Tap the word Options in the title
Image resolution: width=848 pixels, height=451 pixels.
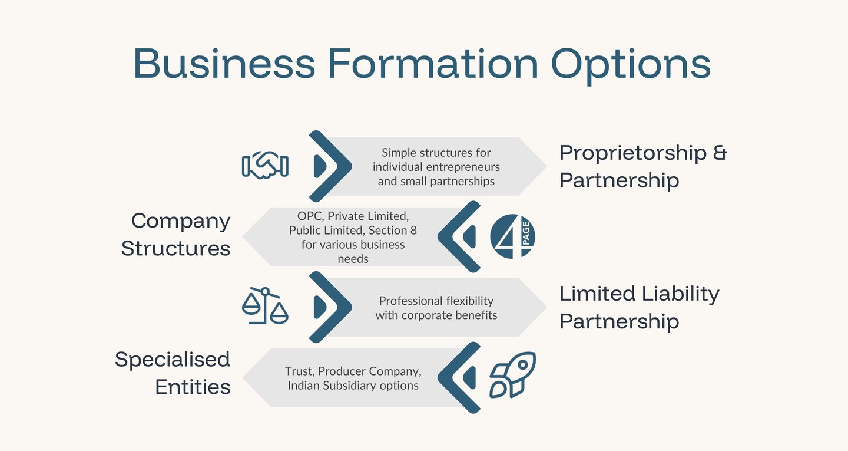tap(631, 64)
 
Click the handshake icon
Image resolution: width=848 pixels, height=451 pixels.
tap(265, 165)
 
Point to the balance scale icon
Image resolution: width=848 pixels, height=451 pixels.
tap(265, 306)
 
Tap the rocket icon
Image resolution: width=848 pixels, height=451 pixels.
tap(512, 374)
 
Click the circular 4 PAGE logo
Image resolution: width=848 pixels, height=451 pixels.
tap(512, 236)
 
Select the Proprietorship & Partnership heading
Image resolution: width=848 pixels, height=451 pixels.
tap(643, 166)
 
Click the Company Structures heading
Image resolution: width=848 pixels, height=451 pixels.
tap(175, 234)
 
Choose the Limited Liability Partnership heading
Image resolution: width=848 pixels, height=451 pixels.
tap(639, 307)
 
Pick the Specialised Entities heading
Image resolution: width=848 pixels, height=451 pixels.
tap(172, 373)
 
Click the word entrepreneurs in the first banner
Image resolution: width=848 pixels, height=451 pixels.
tap(466, 167)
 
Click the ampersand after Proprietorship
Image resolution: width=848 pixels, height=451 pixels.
tap(720, 153)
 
